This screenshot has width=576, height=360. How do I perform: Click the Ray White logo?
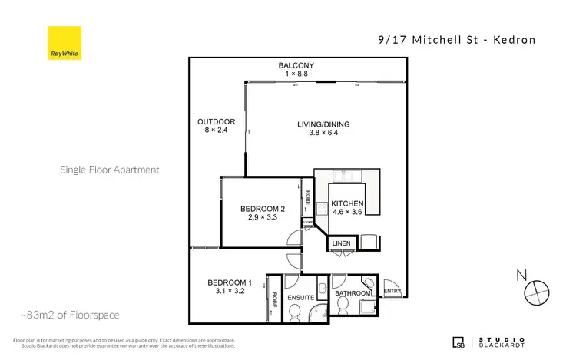64,43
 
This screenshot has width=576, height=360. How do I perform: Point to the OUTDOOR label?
210,121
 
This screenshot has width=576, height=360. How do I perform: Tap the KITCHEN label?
347,203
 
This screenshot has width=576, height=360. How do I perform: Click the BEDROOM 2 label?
263,208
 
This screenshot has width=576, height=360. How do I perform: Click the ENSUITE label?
301,296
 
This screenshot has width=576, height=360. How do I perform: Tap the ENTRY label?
392,291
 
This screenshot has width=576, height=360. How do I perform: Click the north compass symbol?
535,291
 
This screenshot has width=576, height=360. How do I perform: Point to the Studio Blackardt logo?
489,342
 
